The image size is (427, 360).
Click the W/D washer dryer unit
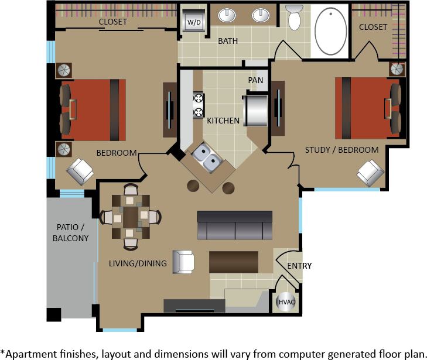point(193,22)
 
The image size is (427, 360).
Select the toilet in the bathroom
point(294,18)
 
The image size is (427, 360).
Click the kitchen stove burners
point(199,105)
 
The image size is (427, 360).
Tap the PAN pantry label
point(255,80)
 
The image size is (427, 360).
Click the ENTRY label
point(299,266)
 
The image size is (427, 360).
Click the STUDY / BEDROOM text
point(341,150)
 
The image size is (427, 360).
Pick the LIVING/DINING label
point(138,263)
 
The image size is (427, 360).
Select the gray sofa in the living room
point(235,225)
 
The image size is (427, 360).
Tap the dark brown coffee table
point(233,262)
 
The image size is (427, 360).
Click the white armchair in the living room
point(183,262)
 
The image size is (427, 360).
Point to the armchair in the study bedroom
point(370,172)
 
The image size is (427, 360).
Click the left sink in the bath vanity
point(227,15)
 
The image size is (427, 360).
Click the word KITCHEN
point(223,121)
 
